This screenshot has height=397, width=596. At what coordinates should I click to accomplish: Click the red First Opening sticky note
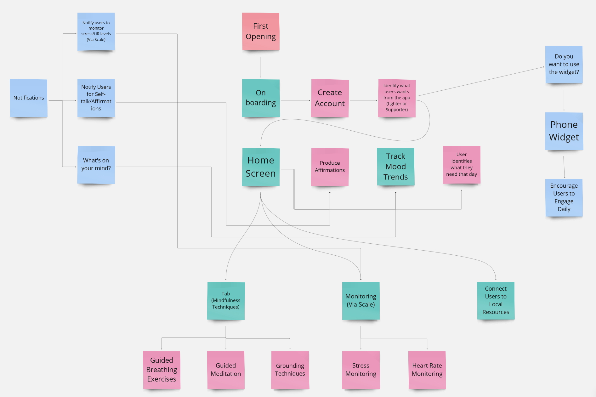[261, 31]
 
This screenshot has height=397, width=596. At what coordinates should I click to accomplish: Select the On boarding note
[261, 98]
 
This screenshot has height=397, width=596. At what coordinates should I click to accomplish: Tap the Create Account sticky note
[330, 98]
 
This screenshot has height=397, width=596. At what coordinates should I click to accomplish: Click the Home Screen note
[261, 167]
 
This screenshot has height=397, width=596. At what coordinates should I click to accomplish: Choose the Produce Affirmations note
[330, 167]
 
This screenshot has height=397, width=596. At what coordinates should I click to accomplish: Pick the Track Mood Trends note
[395, 167]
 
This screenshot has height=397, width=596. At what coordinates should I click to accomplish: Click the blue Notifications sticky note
[29, 98]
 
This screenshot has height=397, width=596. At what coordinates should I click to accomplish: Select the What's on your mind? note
[96, 165]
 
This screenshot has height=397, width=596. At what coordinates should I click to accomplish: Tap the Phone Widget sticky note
[564, 131]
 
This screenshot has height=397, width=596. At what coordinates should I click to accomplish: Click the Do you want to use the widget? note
[564, 65]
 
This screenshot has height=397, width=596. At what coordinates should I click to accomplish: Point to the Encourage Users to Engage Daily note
[564, 198]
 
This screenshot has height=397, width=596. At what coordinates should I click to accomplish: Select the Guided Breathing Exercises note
[162, 370]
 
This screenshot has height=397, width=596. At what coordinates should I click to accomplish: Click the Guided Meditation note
[226, 370]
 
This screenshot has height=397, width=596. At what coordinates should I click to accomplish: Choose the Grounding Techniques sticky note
[290, 370]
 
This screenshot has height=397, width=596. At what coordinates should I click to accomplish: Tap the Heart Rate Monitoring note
[427, 370]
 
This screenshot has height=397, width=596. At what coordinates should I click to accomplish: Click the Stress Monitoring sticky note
[361, 370]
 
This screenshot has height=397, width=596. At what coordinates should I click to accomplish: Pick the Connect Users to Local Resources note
[496, 301]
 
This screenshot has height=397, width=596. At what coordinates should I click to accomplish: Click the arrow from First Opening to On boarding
[261, 67]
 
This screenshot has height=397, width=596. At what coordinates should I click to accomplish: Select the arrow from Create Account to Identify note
[363, 100]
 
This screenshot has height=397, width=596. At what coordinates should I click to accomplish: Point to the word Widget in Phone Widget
[564, 137]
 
